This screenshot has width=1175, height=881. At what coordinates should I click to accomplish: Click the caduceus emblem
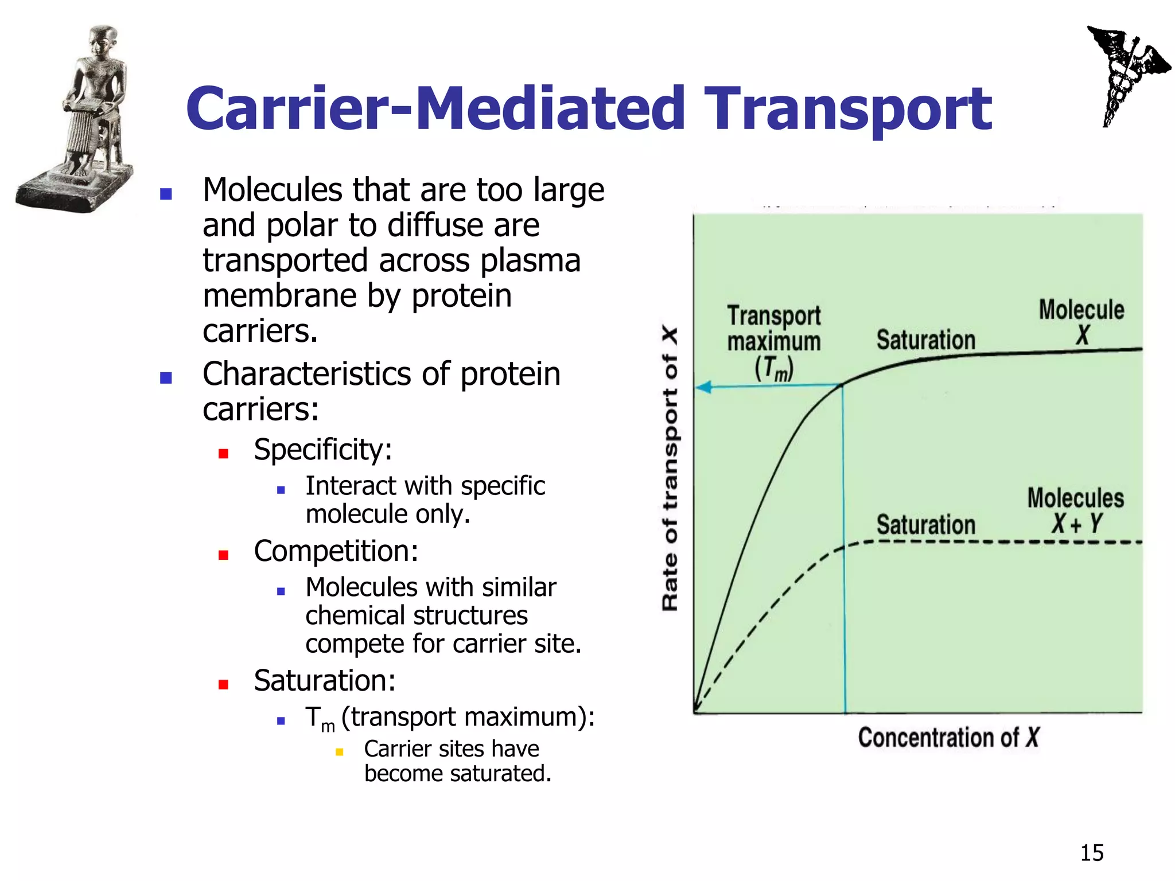click(1125, 75)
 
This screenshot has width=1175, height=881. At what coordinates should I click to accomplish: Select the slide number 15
click(1091, 853)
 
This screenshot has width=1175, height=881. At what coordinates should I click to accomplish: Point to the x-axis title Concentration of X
click(948, 738)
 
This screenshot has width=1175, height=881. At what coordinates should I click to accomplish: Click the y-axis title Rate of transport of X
click(670, 469)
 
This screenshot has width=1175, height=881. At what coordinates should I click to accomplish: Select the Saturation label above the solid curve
click(925, 340)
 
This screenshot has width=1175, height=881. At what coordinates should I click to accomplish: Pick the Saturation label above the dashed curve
click(925, 525)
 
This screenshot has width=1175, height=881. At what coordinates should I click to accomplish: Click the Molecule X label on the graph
click(1081, 322)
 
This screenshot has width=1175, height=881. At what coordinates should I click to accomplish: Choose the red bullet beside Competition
click(224, 555)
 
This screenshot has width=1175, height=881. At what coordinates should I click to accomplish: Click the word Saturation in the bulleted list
click(324, 681)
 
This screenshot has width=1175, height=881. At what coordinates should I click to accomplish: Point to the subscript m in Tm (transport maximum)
click(328, 727)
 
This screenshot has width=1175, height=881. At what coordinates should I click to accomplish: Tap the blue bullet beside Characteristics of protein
click(166, 378)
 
